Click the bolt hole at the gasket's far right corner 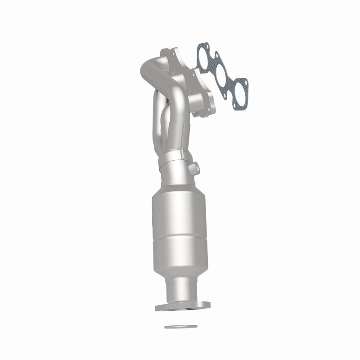click(246, 83)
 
